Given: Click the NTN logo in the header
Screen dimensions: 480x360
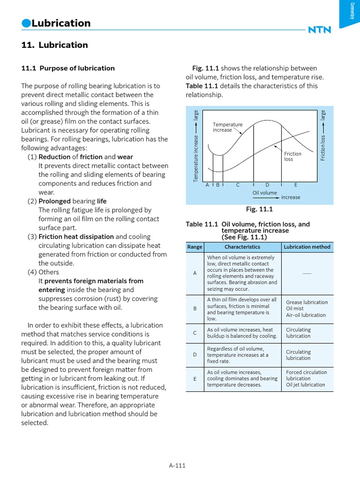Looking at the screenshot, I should coord(319,30).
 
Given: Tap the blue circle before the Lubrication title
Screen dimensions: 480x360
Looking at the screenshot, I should coord(26,23).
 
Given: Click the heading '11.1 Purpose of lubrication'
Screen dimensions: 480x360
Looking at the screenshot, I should coord(68,68).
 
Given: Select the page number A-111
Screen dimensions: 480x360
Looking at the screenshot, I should coord(177,465).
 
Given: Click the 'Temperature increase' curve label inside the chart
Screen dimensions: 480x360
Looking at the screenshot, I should coord(227,127).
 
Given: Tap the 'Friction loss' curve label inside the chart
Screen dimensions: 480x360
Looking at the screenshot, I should coord(292,157).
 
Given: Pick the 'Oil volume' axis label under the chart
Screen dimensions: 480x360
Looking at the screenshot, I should coord(264,192).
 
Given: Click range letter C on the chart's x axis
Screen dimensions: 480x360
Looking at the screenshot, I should coord(238,185).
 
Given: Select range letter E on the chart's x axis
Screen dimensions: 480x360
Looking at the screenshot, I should coord(295,185).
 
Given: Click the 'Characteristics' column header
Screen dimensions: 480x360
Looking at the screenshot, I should coord(242,247).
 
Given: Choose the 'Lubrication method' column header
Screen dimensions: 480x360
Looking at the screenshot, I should coord(307,247).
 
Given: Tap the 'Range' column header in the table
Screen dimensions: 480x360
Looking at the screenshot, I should coord(195,247).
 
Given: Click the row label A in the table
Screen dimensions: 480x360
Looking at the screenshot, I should coord(195,273).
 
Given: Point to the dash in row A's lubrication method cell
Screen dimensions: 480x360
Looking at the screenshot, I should coord(307,273).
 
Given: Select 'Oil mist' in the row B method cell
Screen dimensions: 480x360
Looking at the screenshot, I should coord(295,308).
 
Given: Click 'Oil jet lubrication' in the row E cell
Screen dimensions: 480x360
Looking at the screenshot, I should coord(305,384).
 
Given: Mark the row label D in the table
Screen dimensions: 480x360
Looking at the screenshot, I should coord(195,355).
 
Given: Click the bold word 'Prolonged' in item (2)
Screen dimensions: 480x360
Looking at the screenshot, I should coord(54,201).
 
